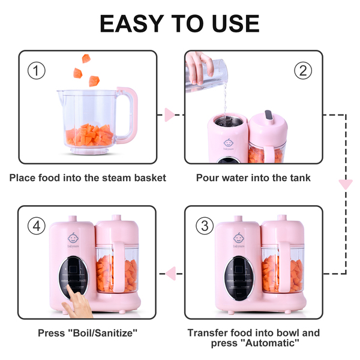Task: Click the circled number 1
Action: click(x=37, y=71)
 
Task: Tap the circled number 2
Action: click(x=303, y=71)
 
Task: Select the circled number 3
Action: click(x=205, y=226)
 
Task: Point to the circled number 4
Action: click(x=37, y=226)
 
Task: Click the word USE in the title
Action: click(x=236, y=23)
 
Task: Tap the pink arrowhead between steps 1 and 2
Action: click(x=169, y=115)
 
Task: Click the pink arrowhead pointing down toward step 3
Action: click(x=346, y=184)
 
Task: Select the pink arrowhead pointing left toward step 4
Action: click(x=171, y=274)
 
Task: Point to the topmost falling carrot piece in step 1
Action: click(x=86, y=59)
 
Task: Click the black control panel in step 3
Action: click(x=239, y=278)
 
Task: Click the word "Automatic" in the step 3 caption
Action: click(x=270, y=343)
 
